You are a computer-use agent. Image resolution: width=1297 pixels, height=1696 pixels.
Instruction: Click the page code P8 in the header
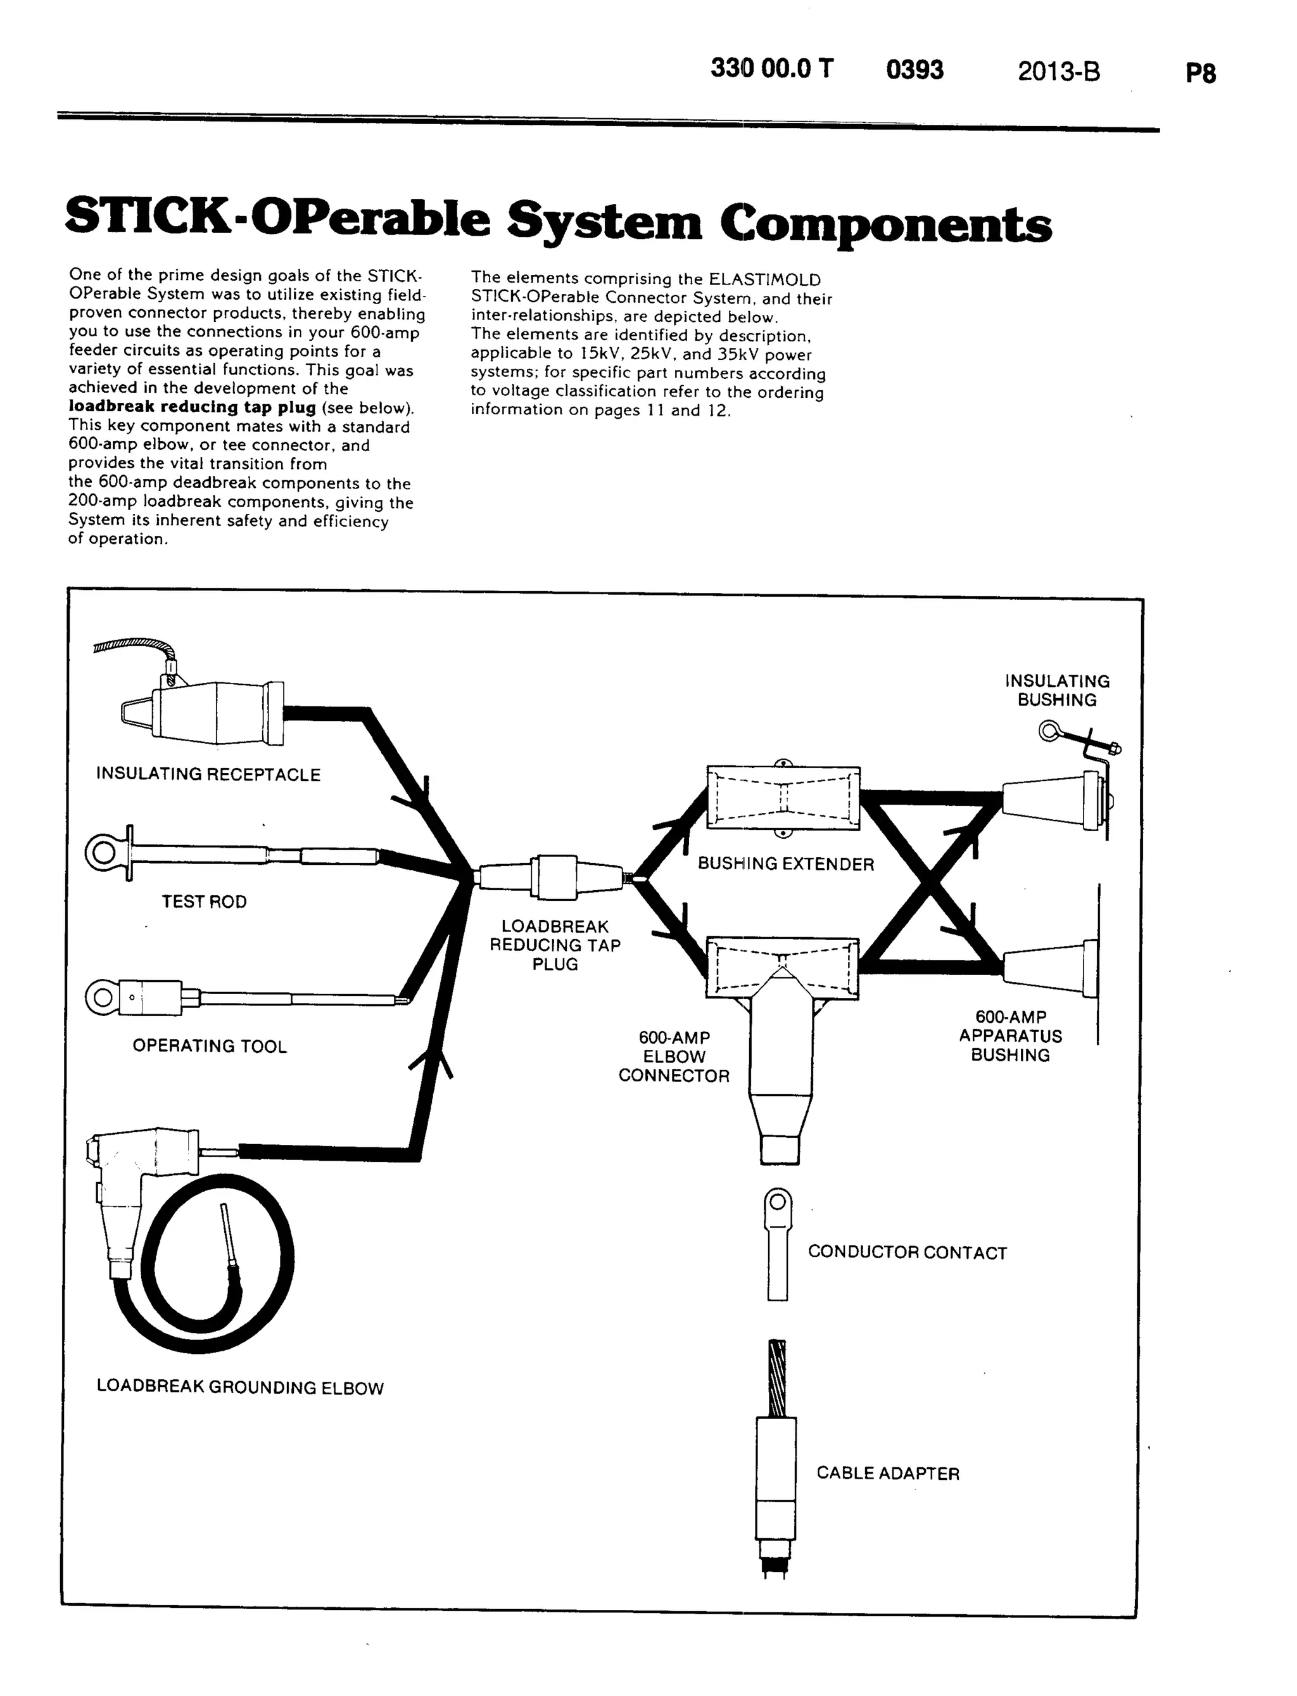[x=1201, y=73]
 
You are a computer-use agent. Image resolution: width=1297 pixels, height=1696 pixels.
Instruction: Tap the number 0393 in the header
[x=915, y=70]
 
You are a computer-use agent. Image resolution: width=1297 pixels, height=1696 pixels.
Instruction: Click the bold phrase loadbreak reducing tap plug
[x=193, y=407]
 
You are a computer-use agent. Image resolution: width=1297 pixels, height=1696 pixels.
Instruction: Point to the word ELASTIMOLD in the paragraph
[x=764, y=279]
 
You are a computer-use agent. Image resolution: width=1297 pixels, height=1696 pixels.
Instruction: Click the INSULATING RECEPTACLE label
[x=208, y=775]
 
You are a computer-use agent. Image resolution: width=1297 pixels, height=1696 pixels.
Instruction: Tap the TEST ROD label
[x=204, y=902]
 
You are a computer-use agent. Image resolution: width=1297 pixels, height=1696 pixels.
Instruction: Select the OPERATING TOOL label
[x=209, y=1046]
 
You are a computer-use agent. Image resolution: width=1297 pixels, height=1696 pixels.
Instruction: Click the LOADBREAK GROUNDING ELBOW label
[x=240, y=1387]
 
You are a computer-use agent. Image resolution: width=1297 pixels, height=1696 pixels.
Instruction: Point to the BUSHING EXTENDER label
[x=786, y=864]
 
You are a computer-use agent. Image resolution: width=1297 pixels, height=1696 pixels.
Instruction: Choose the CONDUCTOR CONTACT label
[x=907, y=1253]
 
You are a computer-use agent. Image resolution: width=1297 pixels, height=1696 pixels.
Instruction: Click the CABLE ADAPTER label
[x=888, y=1473]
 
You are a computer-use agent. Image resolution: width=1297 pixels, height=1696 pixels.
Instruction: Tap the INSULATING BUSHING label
[x=1057, y=691]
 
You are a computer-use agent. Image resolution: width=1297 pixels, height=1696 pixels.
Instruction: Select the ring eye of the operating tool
[x=102, y=997]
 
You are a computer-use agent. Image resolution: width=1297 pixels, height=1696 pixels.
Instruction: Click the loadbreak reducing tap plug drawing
[x=554, y=877]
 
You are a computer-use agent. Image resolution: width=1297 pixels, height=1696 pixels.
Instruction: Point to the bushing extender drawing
[x=783, y=798]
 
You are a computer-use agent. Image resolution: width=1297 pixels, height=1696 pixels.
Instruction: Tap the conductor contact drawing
[x=778, y=1244]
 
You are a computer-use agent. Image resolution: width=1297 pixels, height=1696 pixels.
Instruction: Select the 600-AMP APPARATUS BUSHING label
[x=1011, y=1036]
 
